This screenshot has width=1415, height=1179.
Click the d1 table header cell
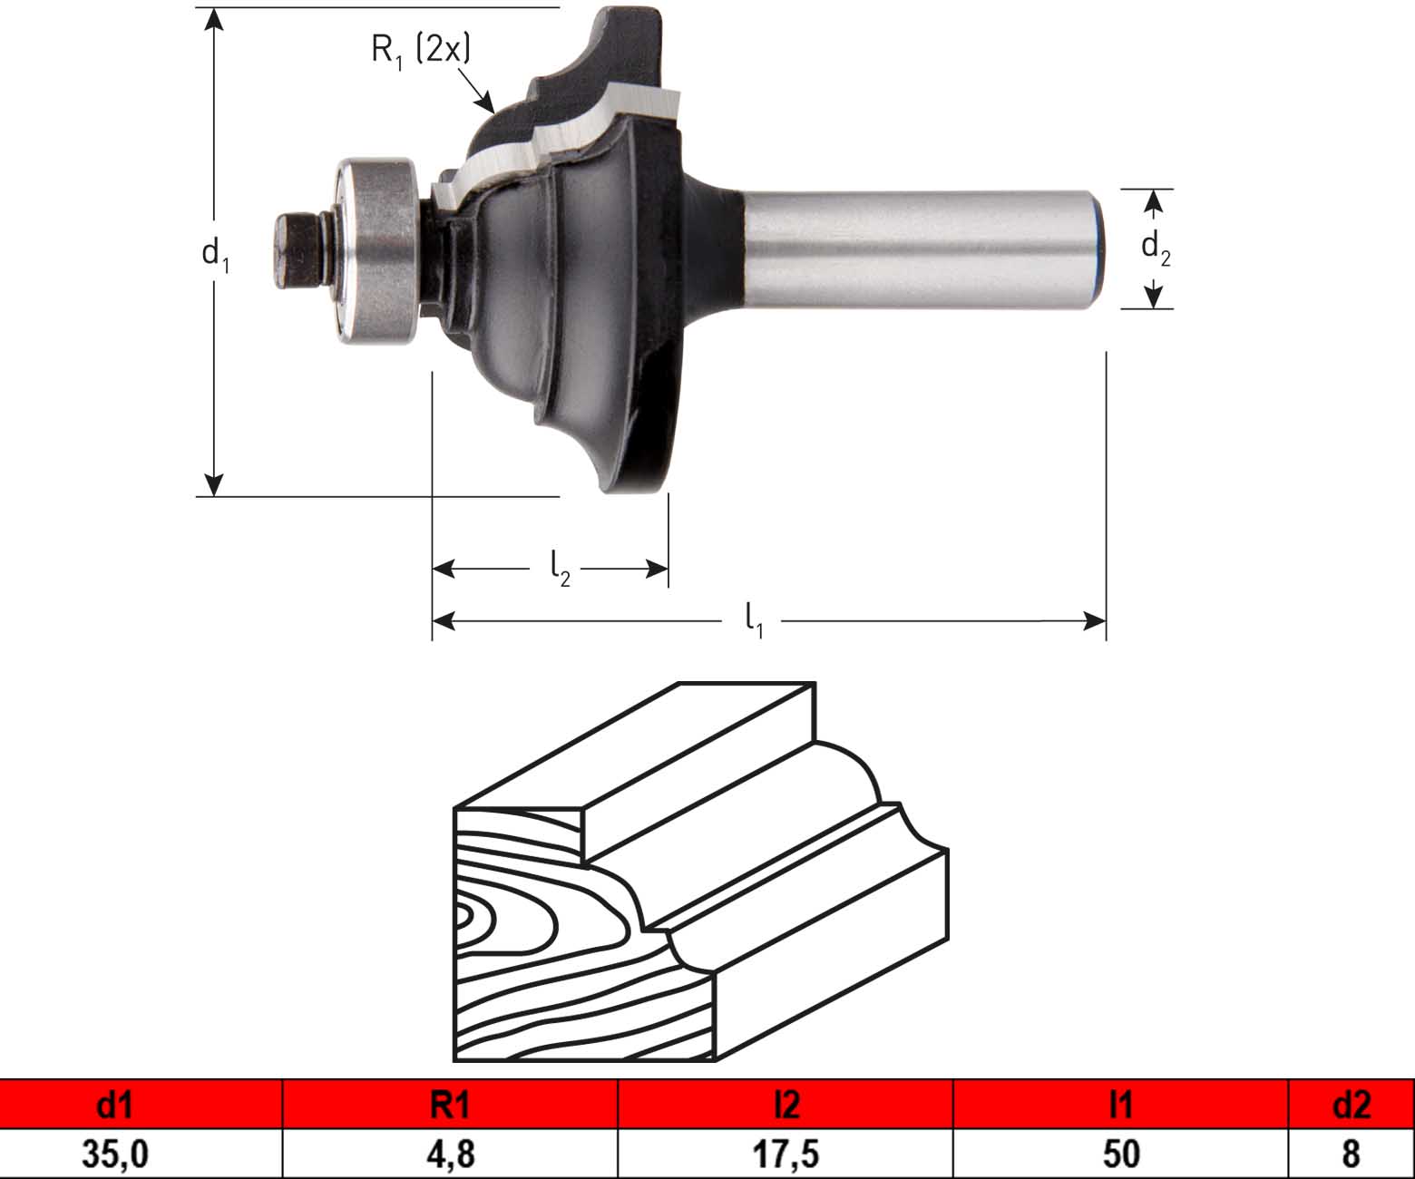[x=141, y=1106]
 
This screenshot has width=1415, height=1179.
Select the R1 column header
[x=450, y=1106]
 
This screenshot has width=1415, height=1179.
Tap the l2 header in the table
[x=786, y=1106]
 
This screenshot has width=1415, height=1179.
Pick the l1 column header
[x=1120, y=1106]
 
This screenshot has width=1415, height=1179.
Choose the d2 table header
[x=1352, y=1106]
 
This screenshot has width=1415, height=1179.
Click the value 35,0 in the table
[x=115, y=1154]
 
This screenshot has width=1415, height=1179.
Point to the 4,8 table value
[x=451, y=1154]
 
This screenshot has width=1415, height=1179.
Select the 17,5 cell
[x=786, y=1154]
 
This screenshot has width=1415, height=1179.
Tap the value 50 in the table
[x=1121, y=1154]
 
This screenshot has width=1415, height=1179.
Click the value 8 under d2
[x=1352, y=1154]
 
